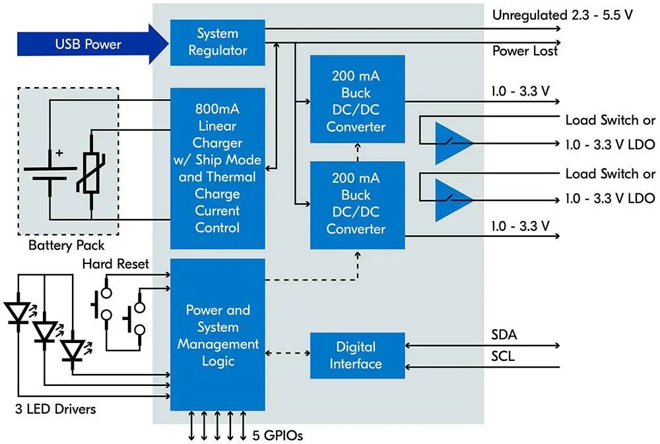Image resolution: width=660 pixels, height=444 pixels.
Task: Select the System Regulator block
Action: coord(217,42)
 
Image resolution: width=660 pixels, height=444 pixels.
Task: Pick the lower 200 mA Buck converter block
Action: coord(356,204)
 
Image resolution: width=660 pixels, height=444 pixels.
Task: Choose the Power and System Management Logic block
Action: coord(217,334)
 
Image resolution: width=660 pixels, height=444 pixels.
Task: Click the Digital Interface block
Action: coord(356,355)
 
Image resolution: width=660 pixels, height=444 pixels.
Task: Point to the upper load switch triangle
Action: coord(451,143)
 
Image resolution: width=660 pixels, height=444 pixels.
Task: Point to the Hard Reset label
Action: coord(115,264)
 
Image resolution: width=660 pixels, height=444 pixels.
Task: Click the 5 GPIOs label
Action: coord(278,435)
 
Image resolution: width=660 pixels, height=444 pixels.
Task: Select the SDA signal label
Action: coord(504,335)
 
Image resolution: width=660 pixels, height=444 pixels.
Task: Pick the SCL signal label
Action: coord(504,357)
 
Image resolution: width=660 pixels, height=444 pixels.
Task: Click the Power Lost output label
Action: coord(525,51)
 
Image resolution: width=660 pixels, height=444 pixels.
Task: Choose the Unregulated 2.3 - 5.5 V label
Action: coord(563,15)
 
